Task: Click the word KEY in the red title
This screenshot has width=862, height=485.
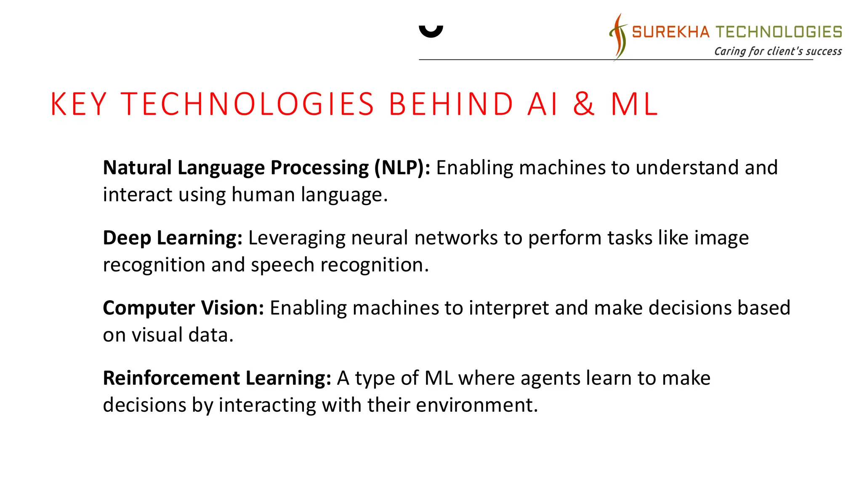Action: (x=79, y=104)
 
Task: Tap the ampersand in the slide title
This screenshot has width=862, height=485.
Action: (x=584, y=104)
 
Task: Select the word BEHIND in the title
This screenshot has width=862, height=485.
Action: (x=451, y=104)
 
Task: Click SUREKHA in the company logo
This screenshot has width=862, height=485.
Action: (x=670, y=32)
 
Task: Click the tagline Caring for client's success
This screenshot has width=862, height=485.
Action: (x=778, y=51)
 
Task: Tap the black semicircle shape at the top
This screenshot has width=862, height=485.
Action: (x=431, y=31)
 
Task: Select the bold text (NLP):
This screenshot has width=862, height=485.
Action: (x=402, y=168)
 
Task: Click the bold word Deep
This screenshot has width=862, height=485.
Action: (x=127, y=238)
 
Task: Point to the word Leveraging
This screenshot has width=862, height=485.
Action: (x=297, y=238)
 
